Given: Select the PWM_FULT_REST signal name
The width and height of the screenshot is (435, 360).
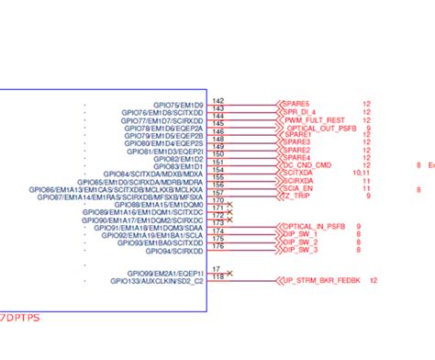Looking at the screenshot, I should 314,119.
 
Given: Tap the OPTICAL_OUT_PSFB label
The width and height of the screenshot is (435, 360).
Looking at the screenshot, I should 321,128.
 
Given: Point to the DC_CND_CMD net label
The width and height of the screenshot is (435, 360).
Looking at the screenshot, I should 308,164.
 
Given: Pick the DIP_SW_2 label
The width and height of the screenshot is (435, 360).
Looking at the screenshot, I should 302,242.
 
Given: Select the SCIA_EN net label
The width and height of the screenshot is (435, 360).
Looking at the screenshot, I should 299,188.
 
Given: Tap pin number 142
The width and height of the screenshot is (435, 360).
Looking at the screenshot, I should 217,100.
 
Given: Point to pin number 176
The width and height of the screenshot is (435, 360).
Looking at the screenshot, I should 217,245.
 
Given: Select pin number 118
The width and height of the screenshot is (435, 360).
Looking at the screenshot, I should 217,276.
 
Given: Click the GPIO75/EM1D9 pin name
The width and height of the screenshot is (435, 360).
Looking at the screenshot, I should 181,104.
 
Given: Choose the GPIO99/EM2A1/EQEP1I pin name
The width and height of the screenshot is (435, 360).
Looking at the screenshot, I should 165,273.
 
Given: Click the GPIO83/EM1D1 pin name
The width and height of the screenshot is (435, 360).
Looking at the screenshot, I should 178,165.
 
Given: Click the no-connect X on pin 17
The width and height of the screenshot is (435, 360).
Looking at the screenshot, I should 229,273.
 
